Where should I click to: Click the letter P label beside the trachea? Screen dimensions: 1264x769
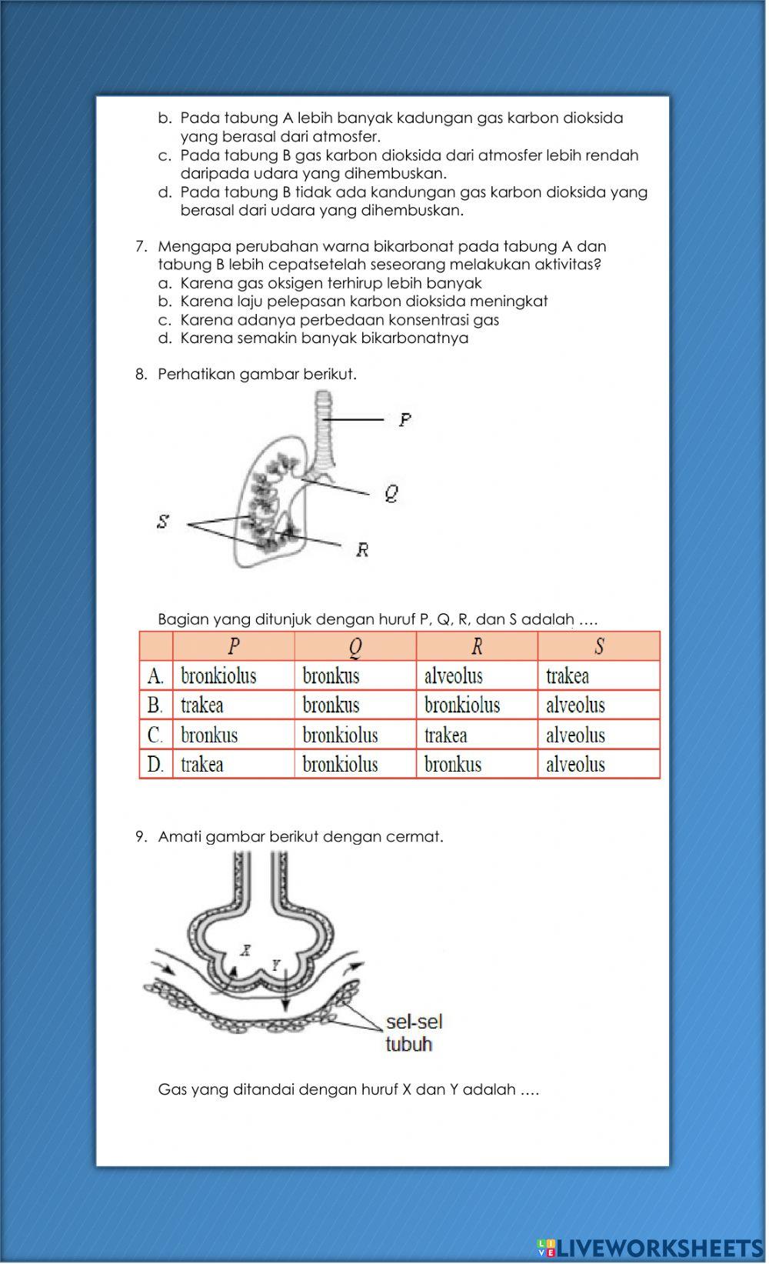point(404,419)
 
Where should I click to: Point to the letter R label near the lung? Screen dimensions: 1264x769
point(362,549)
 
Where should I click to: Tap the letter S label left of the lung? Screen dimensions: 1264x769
point(162,522)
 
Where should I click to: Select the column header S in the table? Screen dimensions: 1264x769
point(598,646)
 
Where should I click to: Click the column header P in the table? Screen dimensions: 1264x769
point(234,646)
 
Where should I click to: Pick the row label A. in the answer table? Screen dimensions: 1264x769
point(155,676)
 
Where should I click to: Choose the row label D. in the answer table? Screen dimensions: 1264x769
point(155,765)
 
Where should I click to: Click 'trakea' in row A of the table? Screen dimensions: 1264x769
point(568,676)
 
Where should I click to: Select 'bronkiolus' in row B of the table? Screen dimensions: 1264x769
point(461,705)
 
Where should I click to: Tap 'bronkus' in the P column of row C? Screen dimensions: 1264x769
point(209,735)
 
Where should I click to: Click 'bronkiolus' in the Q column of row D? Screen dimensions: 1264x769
point(340,765)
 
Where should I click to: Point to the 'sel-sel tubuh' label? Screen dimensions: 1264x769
point(414,1032)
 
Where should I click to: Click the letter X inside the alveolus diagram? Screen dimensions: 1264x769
point(245,949)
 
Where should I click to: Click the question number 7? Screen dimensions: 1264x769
point(141,246)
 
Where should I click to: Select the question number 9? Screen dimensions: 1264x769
point(141,836)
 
